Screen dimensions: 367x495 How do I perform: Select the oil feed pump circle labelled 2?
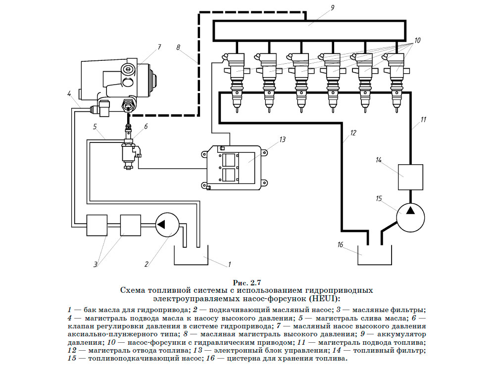(162, 226)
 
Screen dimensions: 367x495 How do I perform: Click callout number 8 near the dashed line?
(178, 47)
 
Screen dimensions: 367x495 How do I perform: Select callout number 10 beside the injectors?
(417, 40)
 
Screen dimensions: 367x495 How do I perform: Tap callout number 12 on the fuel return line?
(353, 133)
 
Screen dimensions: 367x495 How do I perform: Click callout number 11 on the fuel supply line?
(423, 119)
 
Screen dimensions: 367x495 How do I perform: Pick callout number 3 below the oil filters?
(95, 264)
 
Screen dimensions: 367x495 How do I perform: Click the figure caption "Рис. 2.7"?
(246, 283)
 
